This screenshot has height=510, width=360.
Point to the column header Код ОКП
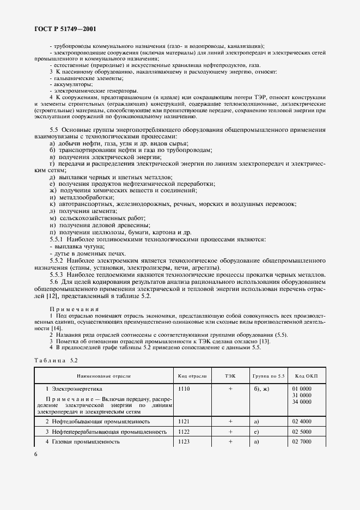306,376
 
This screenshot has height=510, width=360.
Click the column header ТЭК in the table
230,376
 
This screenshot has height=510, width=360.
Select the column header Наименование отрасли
103,376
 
